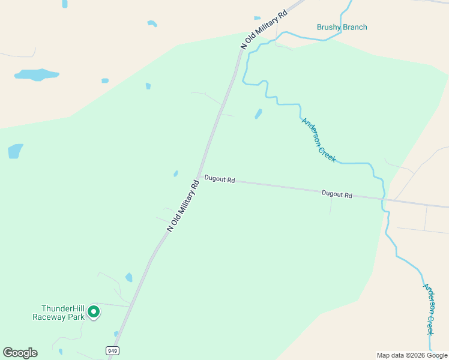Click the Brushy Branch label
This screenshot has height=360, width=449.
tap(342, 27)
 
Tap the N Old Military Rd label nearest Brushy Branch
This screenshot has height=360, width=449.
tap(264, 29)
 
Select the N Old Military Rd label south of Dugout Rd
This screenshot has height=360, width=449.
tap(182, 206)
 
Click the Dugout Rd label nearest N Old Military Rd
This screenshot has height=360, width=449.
tap(219, 179)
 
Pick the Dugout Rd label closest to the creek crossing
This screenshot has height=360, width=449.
tap(337, 194)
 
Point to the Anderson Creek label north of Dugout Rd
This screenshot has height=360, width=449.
tap(318, 139)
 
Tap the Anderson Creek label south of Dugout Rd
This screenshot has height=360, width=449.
tap(429, 309)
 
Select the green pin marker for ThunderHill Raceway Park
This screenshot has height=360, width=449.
tap(93, 311)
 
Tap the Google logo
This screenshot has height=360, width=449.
tap(20, 353)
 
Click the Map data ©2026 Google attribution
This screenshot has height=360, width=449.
tap(412, 355)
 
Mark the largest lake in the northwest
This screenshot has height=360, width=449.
tap(36, 75)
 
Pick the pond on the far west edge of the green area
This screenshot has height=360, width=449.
tap(15, 151)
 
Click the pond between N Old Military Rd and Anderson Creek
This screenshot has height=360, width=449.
tap(258, 113)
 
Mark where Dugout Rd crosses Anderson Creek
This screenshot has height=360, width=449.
tap(384, 199)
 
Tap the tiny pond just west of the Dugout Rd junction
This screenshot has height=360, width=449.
tap(175, 174)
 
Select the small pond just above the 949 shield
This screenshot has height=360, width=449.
tap(116, 334)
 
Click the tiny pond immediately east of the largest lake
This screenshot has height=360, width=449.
tap(105, 80)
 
